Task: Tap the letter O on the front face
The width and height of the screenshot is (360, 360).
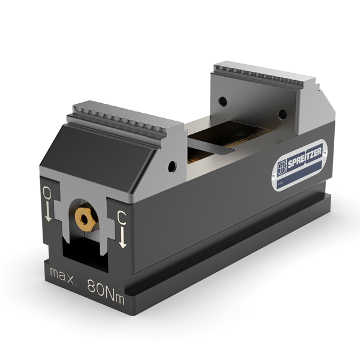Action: point(46,194)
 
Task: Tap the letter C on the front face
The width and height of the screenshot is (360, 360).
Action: point(122,217)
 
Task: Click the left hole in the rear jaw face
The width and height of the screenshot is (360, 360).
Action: point(222,101)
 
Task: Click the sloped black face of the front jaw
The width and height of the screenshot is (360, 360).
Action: point(96,150)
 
